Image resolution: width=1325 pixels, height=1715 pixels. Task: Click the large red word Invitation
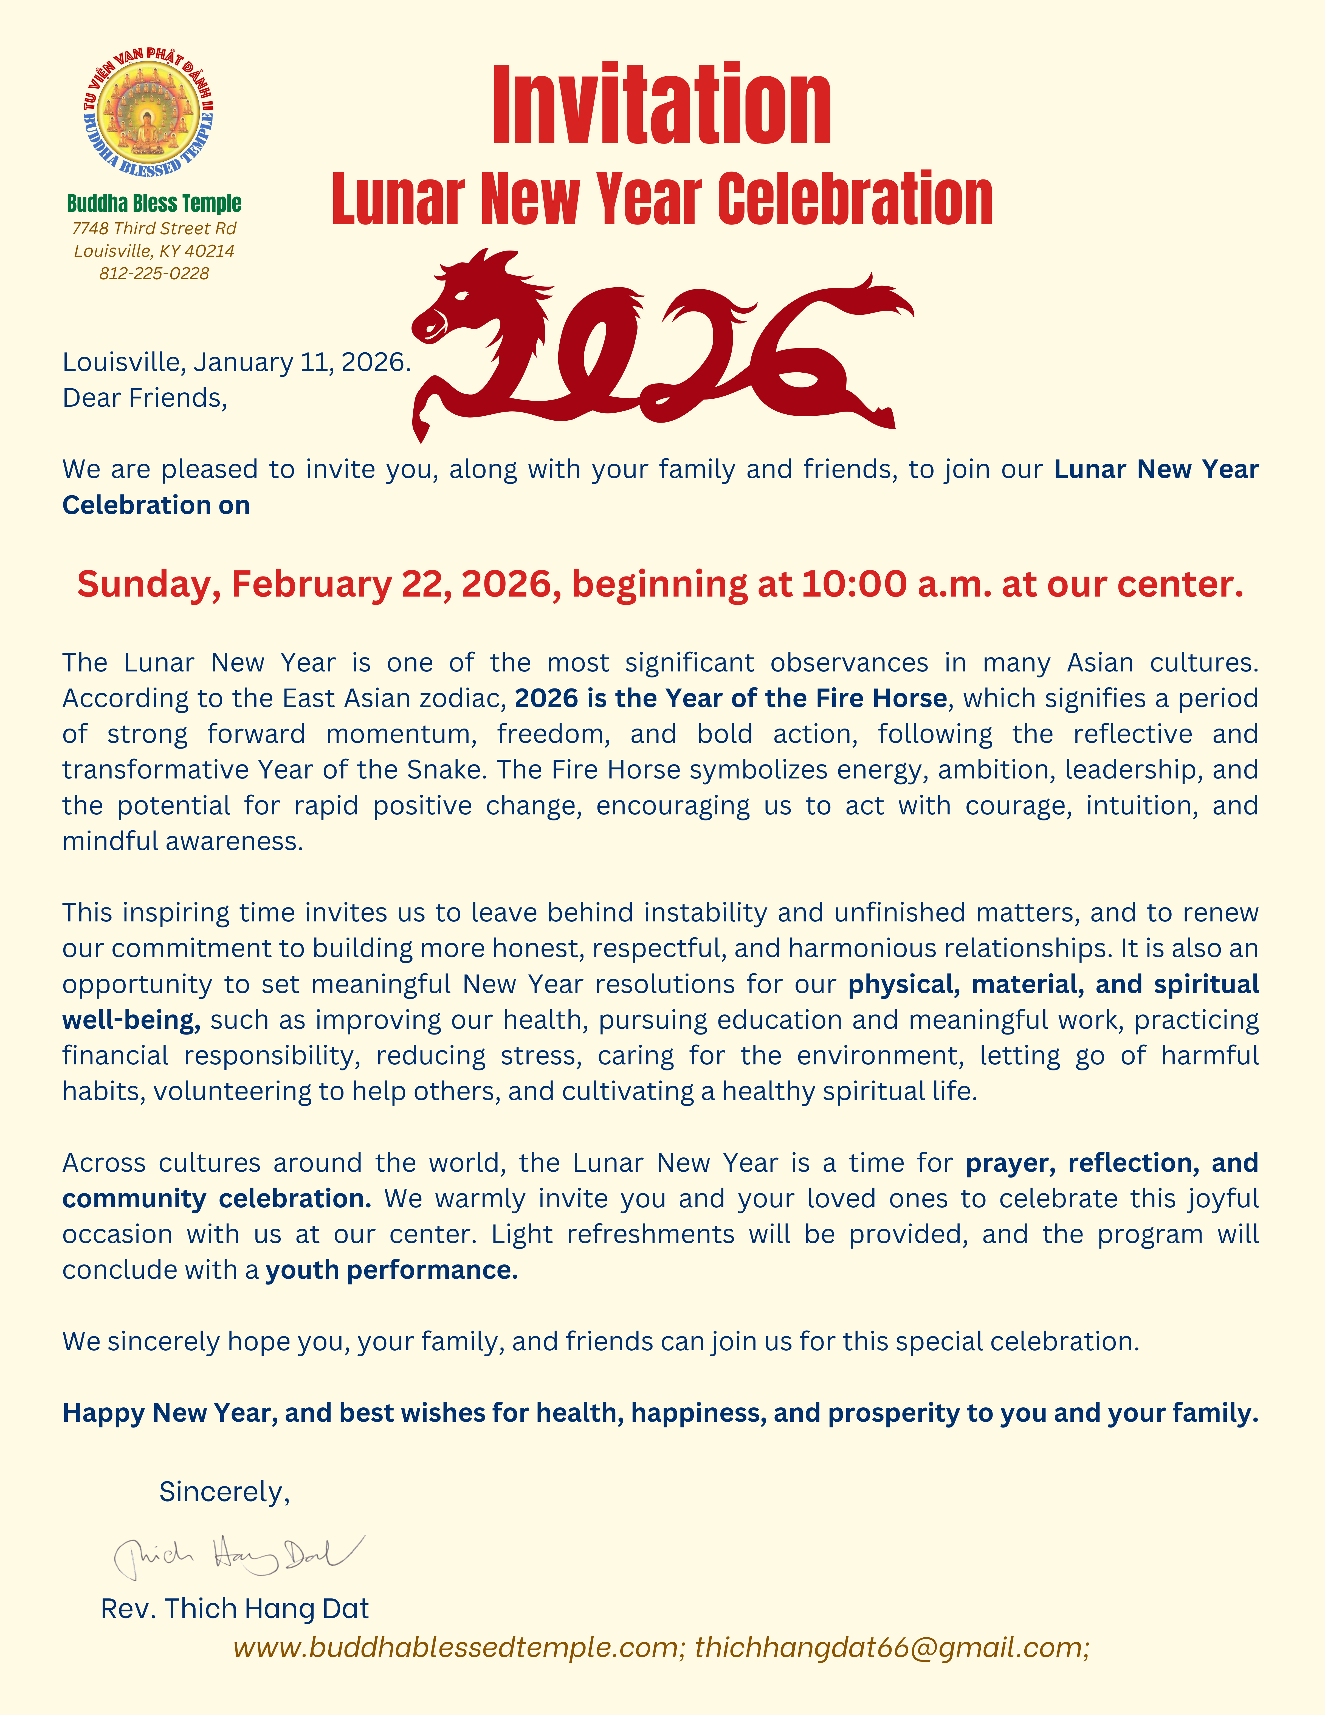point(662,106)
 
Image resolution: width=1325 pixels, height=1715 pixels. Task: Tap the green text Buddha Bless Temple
point(154,203)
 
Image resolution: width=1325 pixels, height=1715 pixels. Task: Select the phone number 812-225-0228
point(154,273)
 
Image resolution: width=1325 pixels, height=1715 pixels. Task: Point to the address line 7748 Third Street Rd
point(154,229)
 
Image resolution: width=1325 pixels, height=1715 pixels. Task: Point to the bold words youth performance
point(392,1270)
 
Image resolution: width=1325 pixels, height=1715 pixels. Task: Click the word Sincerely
point(224,1491)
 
